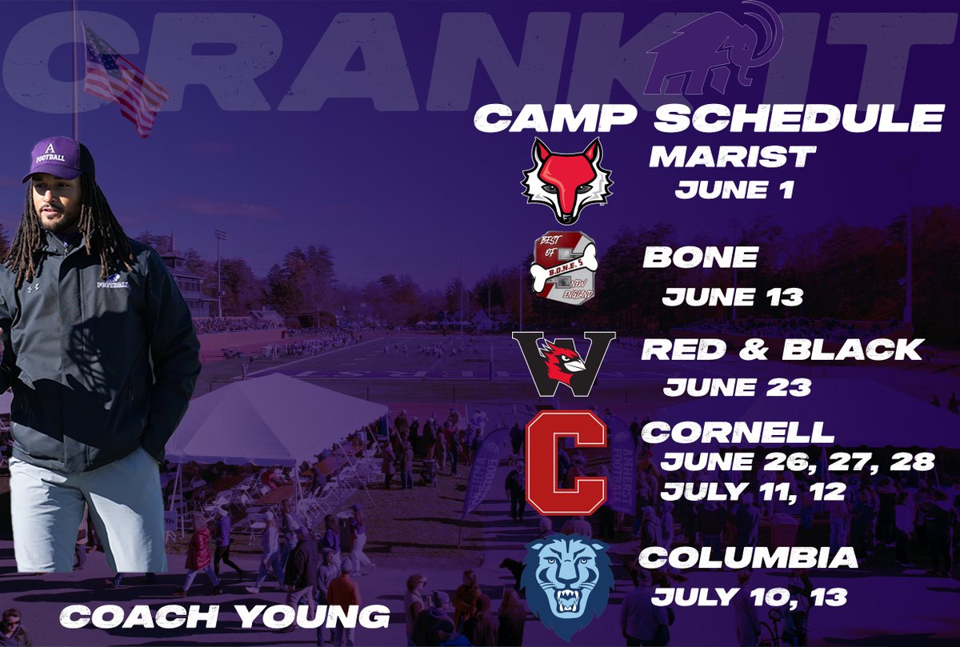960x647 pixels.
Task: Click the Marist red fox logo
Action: coord(566,180)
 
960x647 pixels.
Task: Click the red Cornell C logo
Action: coord(570,462)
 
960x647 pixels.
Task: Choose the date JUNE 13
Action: coord(732,298)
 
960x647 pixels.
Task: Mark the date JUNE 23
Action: coord(737,387)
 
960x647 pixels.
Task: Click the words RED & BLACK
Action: coord(782,349)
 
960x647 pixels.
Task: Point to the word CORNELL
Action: coord(737,433)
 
